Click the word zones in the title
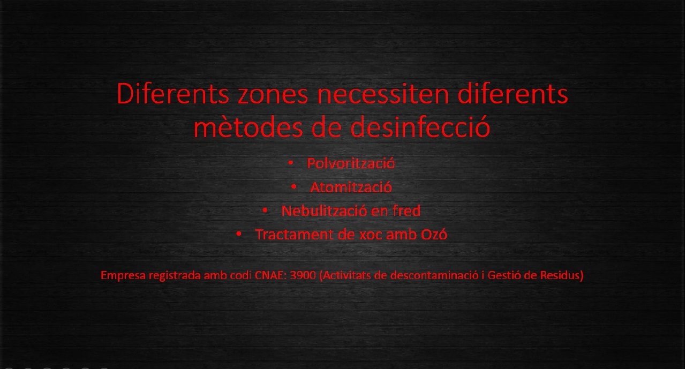(273, 95)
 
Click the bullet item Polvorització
(351, 163)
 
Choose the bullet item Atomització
(351, 187)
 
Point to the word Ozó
(434, 235)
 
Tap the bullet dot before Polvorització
(291, 163)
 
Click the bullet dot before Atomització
(293, 186)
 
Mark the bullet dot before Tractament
(239, 234)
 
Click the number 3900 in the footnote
(303, 275)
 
